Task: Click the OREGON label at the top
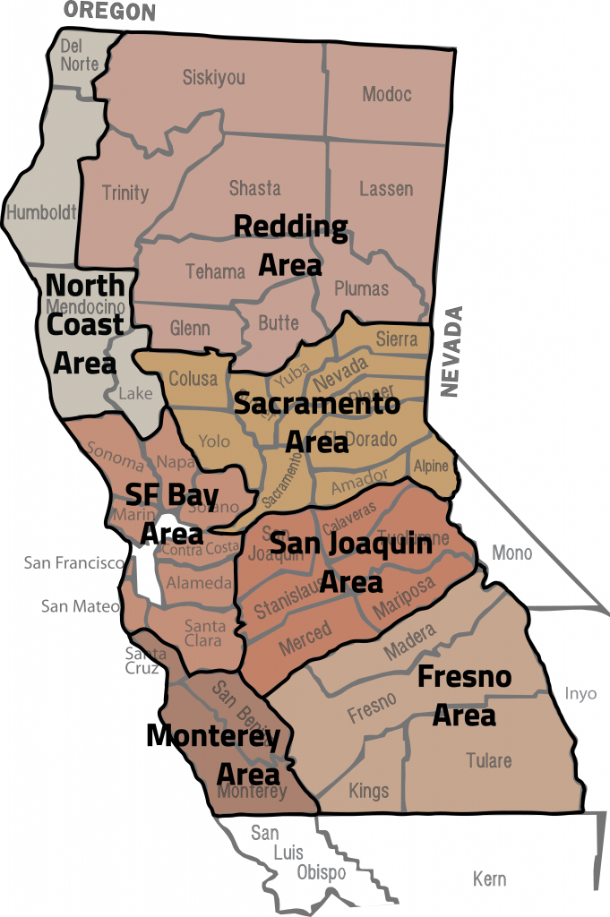click(108, 11)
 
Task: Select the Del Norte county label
click(79, 54)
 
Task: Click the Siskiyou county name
click(213, 77)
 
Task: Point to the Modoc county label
click(386, 94)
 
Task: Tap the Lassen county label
click(386, 189)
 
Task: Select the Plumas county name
click(361, 288)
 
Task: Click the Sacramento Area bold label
click(316, 422)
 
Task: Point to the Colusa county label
click(193, 379)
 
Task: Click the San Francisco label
click(73, 562)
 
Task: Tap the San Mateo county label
click(80, 606)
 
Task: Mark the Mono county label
click(511, 553)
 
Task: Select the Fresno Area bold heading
click(464, 696)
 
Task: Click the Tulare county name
click(488, 760)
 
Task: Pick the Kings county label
click(369, 791)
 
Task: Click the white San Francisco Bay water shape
click(147, 573)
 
